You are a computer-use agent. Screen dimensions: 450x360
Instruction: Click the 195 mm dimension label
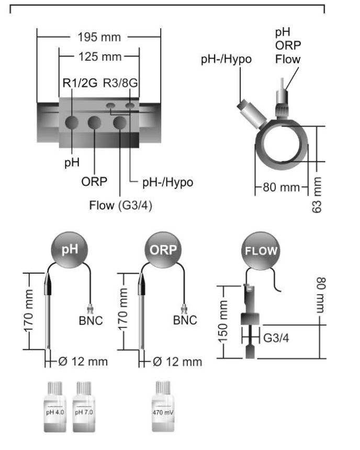98,38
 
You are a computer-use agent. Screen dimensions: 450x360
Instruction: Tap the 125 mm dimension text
99,55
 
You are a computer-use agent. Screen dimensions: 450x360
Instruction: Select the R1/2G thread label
78,83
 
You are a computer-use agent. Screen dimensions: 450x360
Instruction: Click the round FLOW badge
261,251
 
